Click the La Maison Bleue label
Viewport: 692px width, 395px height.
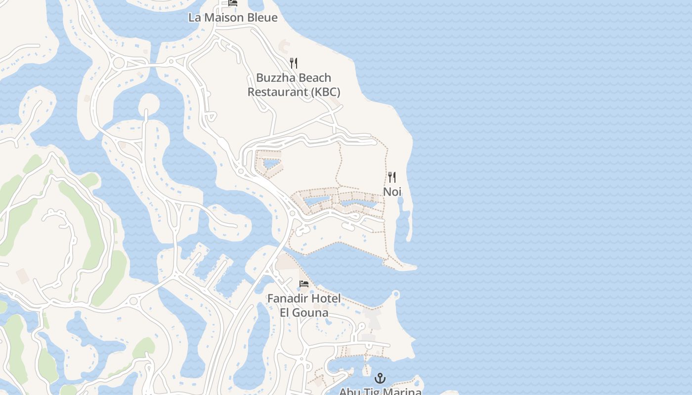click(233, 18)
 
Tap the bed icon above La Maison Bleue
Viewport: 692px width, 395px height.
click(233, 3)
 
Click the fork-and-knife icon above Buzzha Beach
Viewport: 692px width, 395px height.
click(294, 63)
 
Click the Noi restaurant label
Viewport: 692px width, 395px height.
click(392, 192)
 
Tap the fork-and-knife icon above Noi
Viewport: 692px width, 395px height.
click(392, 177)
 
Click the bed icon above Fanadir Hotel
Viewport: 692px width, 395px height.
click(304, 284)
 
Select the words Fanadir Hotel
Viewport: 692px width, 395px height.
click(303, 299)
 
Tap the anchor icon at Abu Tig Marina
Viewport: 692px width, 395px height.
click(380, 379)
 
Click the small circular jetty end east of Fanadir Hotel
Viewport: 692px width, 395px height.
click(395, 295)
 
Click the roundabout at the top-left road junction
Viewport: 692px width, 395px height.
click(119, 63)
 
